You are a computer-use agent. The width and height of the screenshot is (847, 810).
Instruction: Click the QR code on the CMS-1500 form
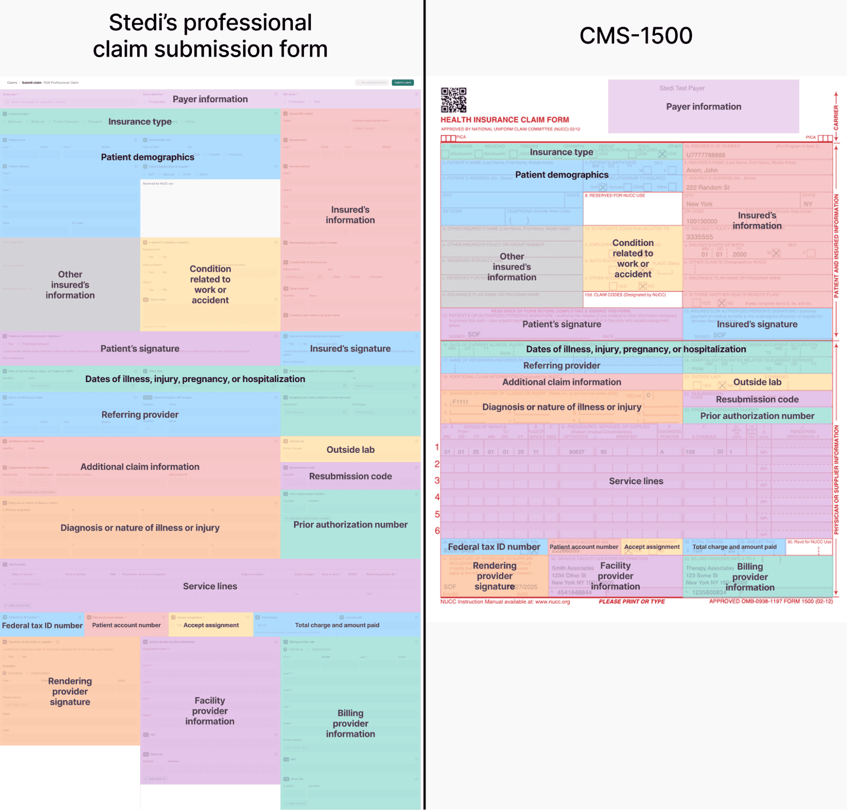[x=453, y=100]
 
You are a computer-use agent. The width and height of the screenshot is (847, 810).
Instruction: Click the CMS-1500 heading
[x=636, y=35]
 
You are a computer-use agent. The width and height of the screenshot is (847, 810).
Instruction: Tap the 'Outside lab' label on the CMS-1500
[x=757, y=382]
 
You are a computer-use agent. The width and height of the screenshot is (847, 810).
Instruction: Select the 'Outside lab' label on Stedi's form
[x=350, y=450]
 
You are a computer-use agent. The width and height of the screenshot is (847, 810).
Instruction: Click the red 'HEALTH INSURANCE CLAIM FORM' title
[x=504, y=120]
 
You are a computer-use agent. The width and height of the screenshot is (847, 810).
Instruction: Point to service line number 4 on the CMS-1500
[x=437, y=497]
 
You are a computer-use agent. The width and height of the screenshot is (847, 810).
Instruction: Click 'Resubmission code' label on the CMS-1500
[x=757, y=399]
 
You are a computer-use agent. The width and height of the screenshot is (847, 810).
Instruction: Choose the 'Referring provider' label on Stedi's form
[x=140, y=414]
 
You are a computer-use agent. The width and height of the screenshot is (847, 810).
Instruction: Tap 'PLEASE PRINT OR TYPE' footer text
[x=632, y=601]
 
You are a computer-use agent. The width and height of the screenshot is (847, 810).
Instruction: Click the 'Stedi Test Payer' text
[x=682, y=88]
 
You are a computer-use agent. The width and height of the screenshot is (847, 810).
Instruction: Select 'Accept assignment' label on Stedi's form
[x=211, y=625]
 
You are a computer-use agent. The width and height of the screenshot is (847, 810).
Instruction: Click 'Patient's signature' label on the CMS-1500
[x=561, y=324]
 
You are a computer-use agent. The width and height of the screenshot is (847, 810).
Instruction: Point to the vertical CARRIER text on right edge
[x=836, y=117]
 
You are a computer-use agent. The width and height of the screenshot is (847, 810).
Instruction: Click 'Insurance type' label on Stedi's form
[x=140, y=122]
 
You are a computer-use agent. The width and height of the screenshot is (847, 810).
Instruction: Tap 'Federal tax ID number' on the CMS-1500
[x=494, y=547]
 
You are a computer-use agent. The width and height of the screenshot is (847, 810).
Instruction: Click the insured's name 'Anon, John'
[x=702, y=170]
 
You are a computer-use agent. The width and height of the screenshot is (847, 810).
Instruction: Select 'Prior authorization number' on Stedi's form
[x=350, y=525]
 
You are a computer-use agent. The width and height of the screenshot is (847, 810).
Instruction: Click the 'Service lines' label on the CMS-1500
[x=636, y=481]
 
